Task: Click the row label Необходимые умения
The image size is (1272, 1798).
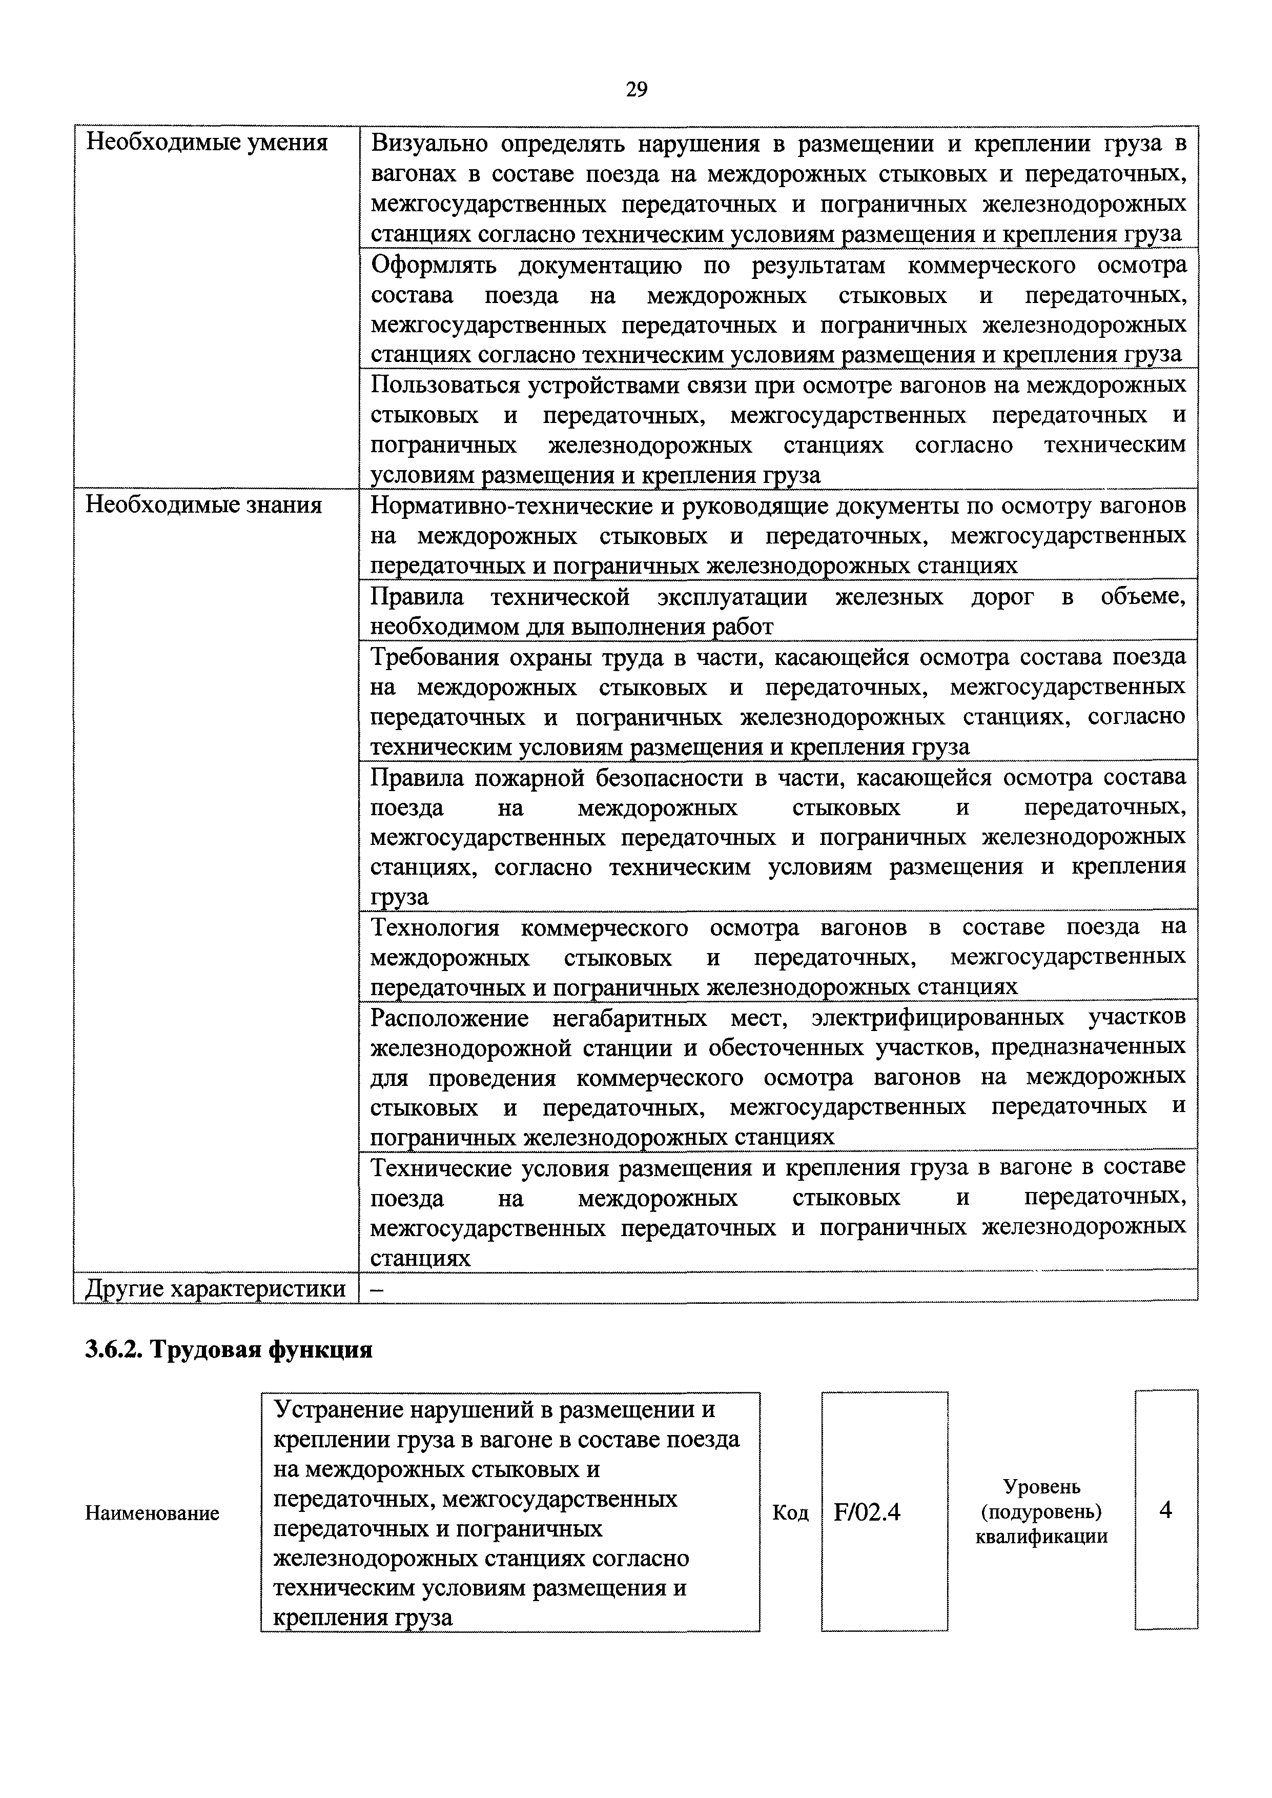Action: tap(206, 143)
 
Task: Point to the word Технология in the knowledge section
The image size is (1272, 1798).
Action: tap(435, 927)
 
